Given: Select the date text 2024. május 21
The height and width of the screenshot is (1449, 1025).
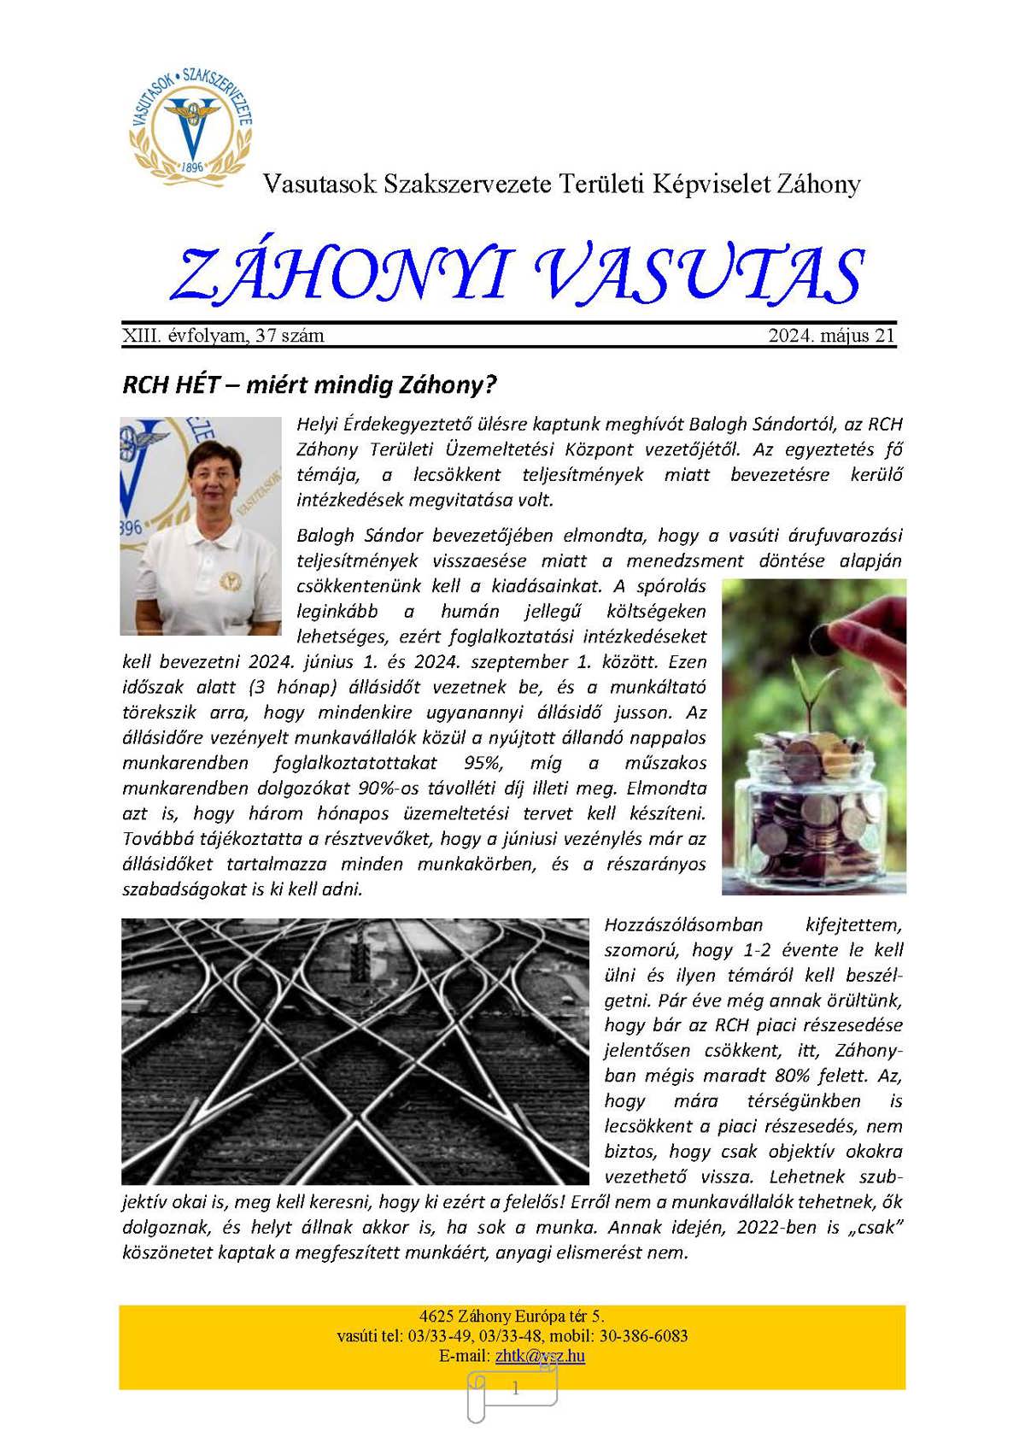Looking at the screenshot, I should coord(831,336).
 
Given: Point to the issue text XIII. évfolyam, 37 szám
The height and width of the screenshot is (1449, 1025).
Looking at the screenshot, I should coord(223,336).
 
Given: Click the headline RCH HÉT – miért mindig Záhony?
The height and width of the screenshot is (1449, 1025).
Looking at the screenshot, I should coord(309,384).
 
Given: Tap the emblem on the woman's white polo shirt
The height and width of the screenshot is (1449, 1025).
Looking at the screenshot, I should coord(229,582).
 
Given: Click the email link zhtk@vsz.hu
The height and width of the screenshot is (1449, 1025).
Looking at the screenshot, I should coord(540,1356).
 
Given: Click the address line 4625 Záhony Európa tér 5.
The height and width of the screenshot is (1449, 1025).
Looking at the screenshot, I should coord(512,1317).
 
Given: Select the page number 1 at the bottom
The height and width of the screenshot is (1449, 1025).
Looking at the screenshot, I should coord(515,1389).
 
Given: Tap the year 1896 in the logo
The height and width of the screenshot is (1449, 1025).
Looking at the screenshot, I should coord(193,167).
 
